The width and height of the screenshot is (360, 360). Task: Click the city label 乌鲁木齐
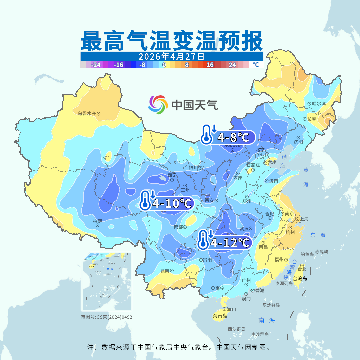point(87,113)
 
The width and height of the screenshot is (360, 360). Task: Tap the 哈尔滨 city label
point(319,104)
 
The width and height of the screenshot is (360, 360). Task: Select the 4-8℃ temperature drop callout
point(228,137)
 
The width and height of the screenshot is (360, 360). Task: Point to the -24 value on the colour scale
point(96,65)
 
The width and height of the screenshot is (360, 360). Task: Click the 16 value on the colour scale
point(210,65)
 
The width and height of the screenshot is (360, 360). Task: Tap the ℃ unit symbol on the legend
point(256,65)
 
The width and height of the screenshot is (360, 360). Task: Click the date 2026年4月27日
point(171,56)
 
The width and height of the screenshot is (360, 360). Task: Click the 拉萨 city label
point(97,221)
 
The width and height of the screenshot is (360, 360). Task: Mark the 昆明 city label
point(165,271)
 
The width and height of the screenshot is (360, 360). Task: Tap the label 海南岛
point(220,316)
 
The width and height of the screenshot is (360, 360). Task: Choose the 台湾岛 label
point(300,278)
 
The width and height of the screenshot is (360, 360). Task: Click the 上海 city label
point(304,219)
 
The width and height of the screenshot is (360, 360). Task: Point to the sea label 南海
point(267,320)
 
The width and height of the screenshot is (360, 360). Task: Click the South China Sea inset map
point(106,282)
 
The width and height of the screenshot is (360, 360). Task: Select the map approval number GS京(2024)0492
point(107,317)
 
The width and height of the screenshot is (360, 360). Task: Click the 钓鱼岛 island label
point(307,254)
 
